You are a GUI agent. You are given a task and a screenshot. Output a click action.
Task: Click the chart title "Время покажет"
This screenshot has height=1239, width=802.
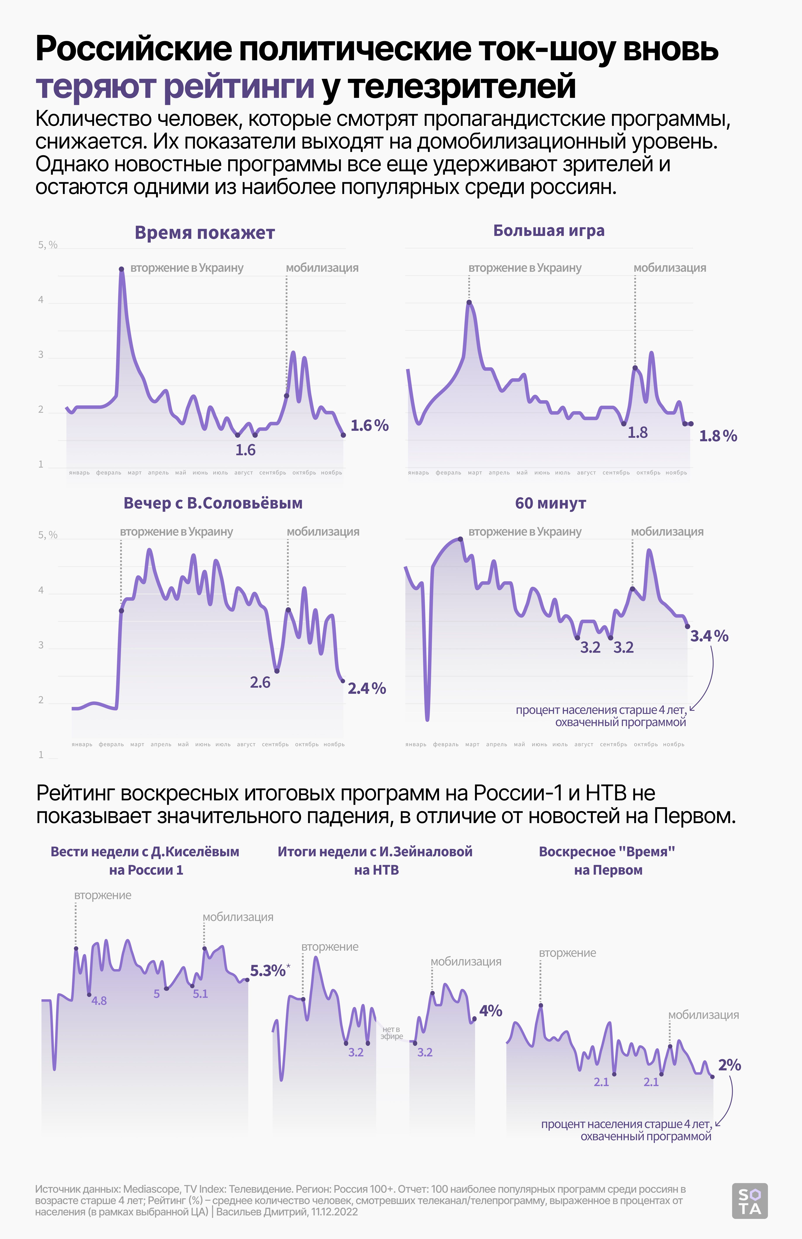tap(204, 233)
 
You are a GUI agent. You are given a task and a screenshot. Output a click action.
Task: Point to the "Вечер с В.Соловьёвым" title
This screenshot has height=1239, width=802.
tap(213, 504)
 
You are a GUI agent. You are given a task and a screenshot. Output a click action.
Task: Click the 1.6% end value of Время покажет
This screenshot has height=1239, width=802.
tap(369, 426)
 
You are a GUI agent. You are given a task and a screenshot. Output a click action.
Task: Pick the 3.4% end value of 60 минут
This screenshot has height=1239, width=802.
tap(709, 636)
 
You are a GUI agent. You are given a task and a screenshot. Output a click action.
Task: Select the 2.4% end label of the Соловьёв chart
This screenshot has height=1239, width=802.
tap(366, 689)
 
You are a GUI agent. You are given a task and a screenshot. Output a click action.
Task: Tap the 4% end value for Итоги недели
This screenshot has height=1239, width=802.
tap(490, 1011)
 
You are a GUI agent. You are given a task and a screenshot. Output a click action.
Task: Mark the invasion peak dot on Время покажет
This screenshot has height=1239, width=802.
tap(121, 269)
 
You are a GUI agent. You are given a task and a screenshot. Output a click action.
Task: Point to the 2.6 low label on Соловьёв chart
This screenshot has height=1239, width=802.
tap(260, 682)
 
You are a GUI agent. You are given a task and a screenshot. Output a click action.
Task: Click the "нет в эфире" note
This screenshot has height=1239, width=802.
tap(391, 1033)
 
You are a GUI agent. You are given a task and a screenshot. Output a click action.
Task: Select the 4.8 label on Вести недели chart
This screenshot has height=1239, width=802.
tap(99, 1000)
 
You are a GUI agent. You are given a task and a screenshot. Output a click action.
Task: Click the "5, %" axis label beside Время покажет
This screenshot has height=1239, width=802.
tap(47, 245)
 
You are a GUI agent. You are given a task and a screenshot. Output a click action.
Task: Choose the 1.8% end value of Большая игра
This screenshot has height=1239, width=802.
tap(718, 436)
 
